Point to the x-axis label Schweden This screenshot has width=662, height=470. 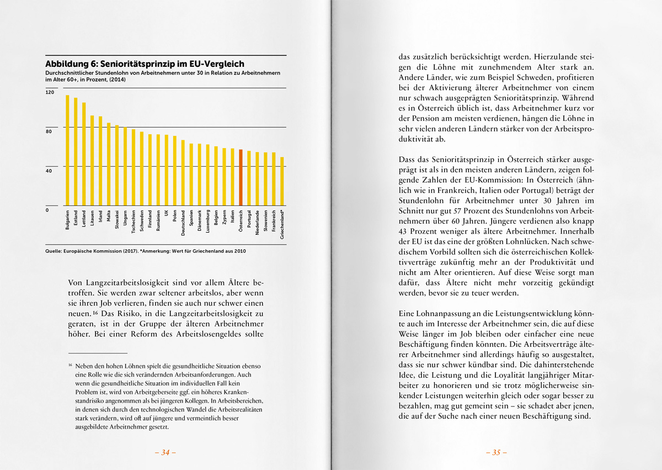coord(142,222)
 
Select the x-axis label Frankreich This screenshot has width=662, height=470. coord(274,224)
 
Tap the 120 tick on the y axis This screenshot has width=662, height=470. coord(50,92)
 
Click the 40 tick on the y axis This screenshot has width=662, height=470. coord(49,171)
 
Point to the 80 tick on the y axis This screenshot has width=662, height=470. coord(49,131)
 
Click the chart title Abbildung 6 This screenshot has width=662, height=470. coord(145,64)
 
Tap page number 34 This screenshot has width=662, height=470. coord(165,452)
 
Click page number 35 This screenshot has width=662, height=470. coord(496,452)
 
